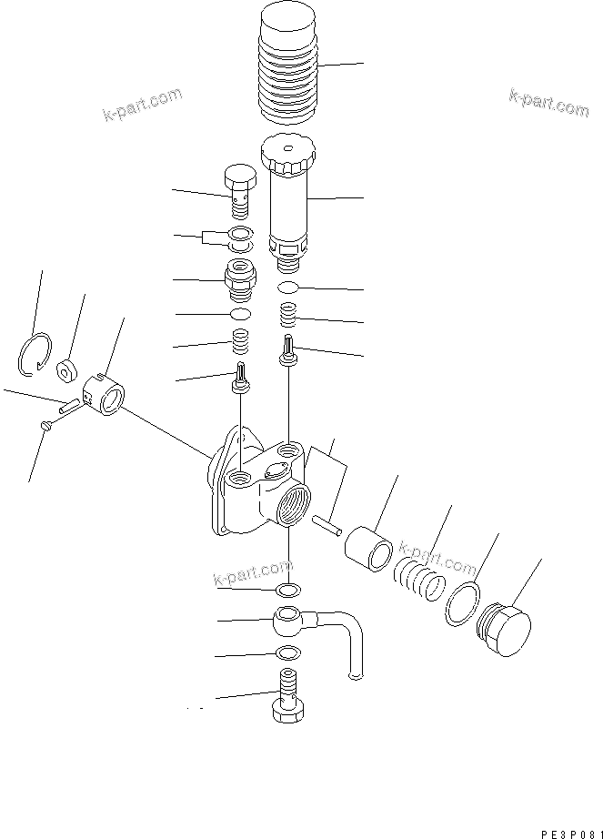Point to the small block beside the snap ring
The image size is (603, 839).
coord(66,370)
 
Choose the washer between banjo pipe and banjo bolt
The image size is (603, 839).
coord(287,652)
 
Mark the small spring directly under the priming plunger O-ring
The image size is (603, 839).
coord(287,316)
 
